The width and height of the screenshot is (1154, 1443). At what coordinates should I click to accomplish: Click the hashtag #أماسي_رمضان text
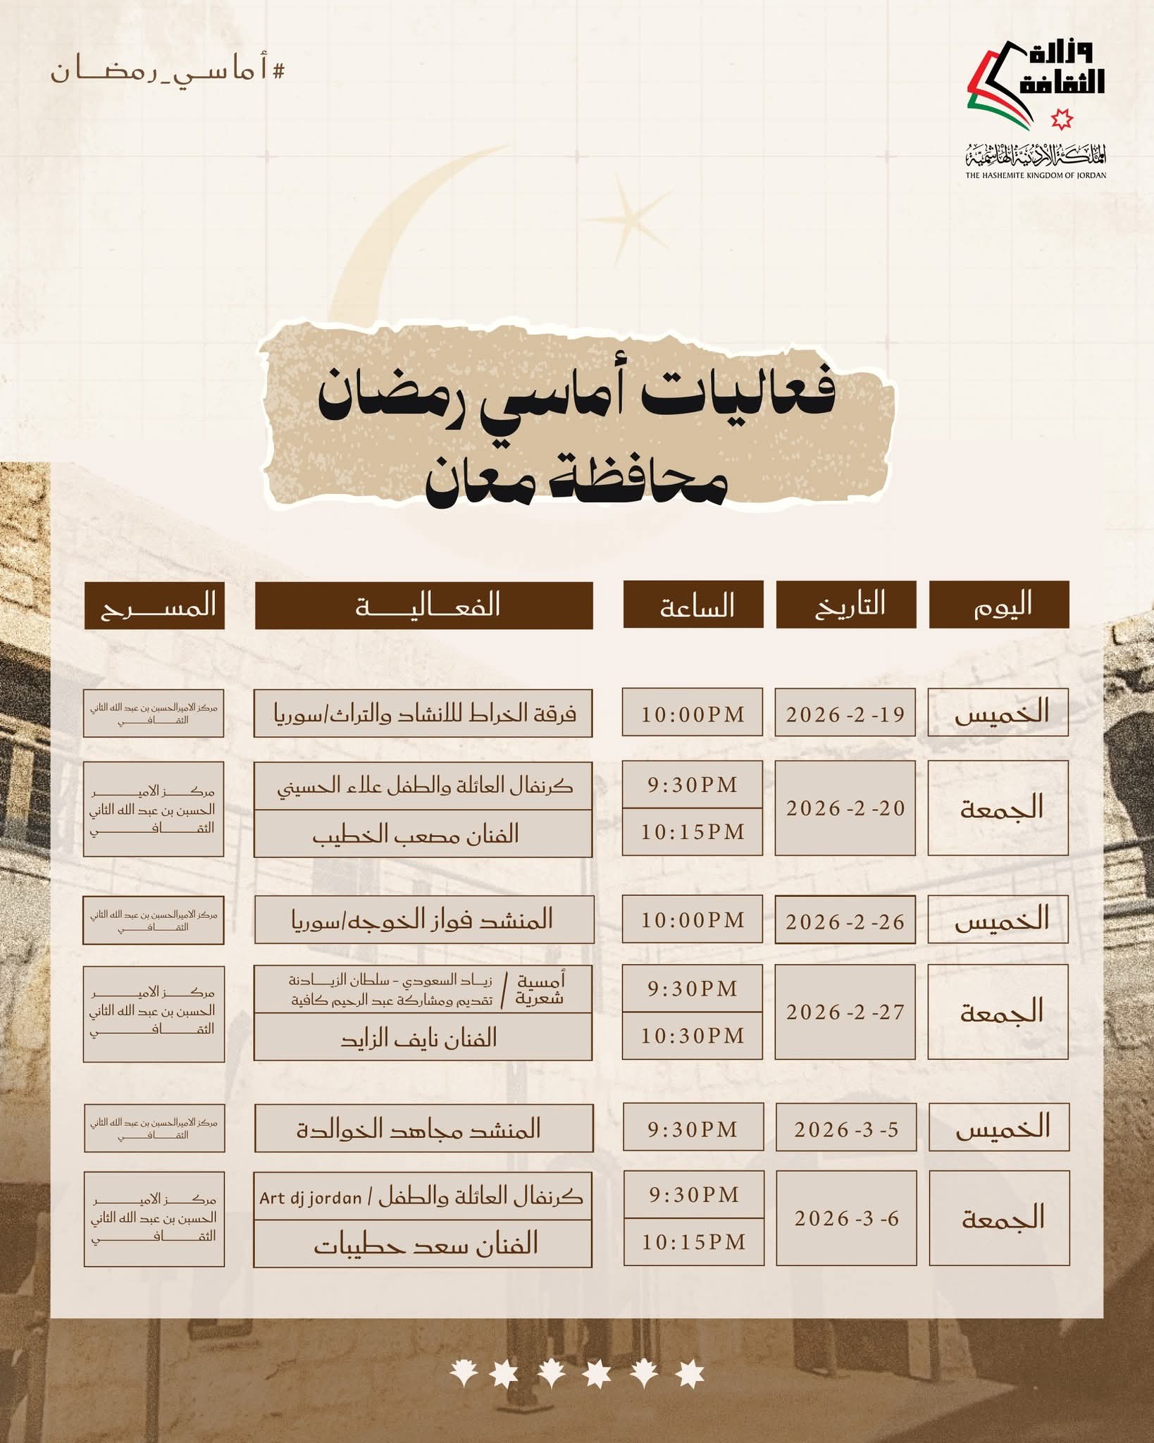(x=168, y=71)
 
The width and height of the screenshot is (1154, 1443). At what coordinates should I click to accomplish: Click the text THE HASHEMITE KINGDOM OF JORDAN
(x=1035, y=175)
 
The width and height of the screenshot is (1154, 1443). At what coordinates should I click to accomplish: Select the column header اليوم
(x=998, y=605)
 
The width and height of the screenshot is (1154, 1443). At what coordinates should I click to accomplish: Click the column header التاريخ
(x=845, y=605)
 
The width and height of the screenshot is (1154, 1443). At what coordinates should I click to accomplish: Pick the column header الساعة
(x=693, y=605)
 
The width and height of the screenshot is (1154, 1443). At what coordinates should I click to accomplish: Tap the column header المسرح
(x=154, y=605)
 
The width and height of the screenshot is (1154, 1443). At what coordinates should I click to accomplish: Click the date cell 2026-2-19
(x=845, y=714)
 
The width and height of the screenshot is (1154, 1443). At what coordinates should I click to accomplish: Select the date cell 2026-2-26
(x=845, y=920)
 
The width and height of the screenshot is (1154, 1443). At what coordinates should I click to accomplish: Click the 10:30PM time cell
(x=692, y=1035)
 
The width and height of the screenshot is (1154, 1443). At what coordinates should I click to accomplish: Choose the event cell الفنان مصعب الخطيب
(x=423, y=834)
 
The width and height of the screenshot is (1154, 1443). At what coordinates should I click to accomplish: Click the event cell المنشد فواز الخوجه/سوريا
(x=423, y=919)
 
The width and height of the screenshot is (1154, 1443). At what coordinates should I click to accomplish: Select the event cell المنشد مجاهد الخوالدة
(x=423, y=1128)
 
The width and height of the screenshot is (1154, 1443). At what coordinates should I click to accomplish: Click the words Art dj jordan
(x=310, y=1197)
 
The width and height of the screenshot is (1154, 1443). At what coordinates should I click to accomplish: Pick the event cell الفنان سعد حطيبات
(x=423, y=1244)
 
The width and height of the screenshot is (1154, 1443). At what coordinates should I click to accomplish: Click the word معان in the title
(x=479, y=482)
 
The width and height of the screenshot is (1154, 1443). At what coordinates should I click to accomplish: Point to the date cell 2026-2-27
(x=845, y=1012)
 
